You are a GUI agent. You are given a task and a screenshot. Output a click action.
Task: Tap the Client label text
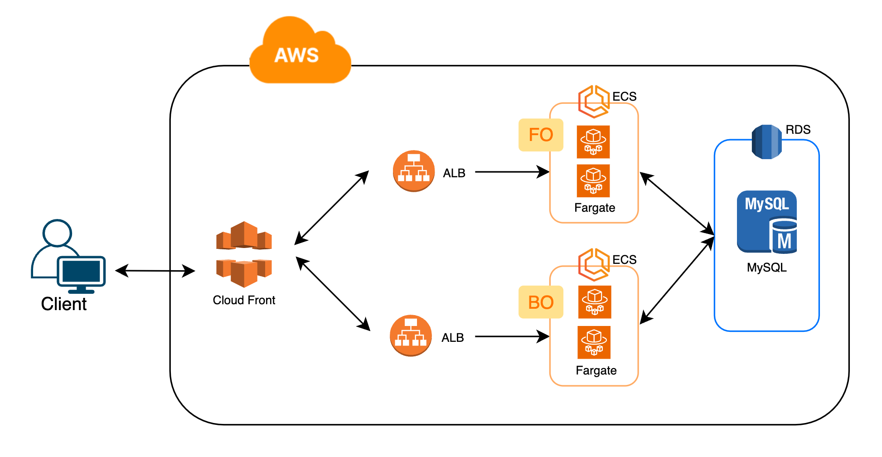pyautogui.click(x=63, y=304)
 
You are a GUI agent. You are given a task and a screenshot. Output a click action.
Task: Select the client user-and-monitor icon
pyautogui.click(x=68, y=257)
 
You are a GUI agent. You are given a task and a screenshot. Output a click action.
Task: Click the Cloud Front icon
pyautogui.click(x=244, y=254)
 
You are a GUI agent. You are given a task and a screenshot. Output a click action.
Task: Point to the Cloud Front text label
pyautogui.click(x=244, y=300)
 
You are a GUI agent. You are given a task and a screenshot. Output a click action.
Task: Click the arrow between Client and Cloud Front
pyautogui.click(x=155, y=271)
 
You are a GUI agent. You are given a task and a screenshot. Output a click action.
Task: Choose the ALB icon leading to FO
pyautogui.click(x=413, y=171)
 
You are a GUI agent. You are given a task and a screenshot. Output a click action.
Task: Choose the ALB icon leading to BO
pyautogui.click(x=411, y=336)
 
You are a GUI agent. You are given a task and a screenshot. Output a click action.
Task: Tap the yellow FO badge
pyautogui.click(x=541, y=135)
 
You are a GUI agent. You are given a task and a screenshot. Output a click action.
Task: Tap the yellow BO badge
pyautogui.click(x=541, y=302)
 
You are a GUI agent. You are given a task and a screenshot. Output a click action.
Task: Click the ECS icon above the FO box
pyautogui.click(x=593, y=101)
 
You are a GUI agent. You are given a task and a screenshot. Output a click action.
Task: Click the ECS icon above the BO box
pyautogui.click(x=593, y=264)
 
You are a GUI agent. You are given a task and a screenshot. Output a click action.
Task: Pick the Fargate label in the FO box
pyautogui.click(x=595, y=208)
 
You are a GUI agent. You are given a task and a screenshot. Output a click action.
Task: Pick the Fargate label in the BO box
pyautogui.click(x=596, y=370)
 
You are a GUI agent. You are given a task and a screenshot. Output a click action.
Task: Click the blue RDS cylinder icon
pyautogui.click(x=766, y=142)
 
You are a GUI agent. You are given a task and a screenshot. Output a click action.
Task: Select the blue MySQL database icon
pyautogui.click(x=767, y=222)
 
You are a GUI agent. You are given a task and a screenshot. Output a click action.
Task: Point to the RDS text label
pyautogui.click(x=798, y=130)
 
